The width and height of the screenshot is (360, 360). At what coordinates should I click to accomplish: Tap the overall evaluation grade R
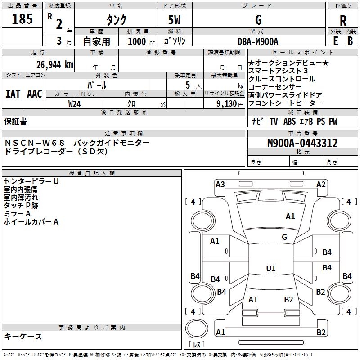(343, 20)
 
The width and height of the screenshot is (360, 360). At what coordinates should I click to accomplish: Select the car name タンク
(116, 20)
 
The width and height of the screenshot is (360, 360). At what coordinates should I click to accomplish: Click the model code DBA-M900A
(258, 41)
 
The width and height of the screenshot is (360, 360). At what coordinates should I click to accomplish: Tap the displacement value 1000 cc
(140, 41)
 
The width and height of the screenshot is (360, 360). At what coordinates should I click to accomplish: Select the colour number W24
(75, 103)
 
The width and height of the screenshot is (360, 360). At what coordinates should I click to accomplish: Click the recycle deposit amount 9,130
(226, 103)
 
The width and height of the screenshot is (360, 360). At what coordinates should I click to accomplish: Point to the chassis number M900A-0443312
(302, 144)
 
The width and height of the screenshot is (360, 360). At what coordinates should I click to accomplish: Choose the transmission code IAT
(13, 94)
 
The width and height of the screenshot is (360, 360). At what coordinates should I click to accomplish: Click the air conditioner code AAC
(35, 94)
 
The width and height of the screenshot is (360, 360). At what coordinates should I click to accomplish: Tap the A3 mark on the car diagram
(220, 184)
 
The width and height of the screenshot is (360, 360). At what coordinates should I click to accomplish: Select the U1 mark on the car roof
(271, 269)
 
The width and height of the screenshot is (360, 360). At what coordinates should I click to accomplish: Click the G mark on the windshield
(284, 237)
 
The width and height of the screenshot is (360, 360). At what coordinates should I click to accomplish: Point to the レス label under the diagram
(196, 345)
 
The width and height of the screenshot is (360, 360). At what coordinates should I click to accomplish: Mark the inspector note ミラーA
(17, 214)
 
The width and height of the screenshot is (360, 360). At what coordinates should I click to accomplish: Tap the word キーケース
(23, 337)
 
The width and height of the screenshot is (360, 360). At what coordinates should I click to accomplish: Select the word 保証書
(15, 121)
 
